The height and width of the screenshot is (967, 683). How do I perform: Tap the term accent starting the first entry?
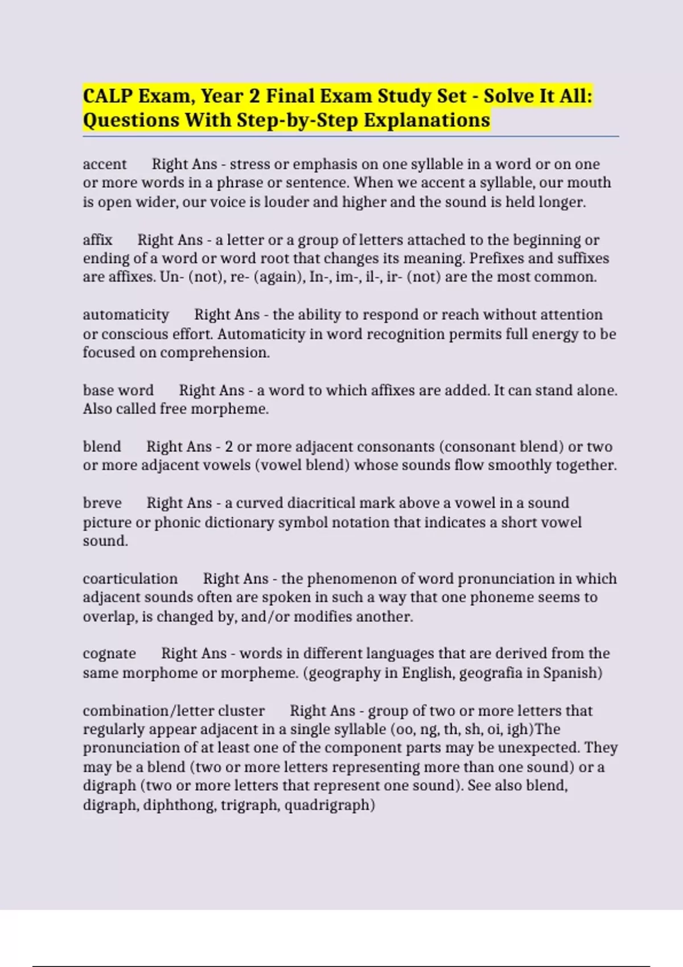(x=105, y=164)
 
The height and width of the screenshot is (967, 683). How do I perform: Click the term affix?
(x=97, y=240)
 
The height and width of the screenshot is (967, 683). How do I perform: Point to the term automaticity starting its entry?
(x=126, y=315)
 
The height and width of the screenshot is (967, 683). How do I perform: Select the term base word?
(x=118, y=391)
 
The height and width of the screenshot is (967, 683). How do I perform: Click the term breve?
(x=102, y=503)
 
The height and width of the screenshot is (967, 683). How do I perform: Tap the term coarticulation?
(x=130, y=579)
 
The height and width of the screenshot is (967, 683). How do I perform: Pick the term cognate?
(x=109, y=654)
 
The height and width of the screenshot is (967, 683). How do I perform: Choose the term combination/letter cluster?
(x=174, y=711)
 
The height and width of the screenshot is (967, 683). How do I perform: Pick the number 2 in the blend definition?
(x=229, y=447)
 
